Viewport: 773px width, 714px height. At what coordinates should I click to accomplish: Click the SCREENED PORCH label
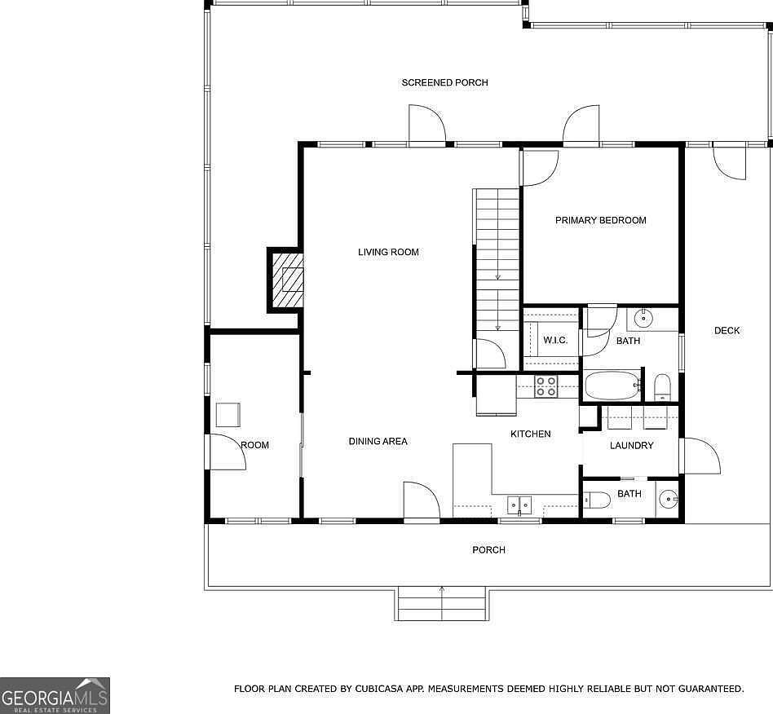444,83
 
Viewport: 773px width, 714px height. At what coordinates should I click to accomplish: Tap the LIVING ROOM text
388,253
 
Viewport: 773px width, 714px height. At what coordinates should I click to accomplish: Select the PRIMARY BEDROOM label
600,220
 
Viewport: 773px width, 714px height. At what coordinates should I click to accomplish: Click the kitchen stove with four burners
546,386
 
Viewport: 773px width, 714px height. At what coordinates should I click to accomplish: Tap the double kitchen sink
520,505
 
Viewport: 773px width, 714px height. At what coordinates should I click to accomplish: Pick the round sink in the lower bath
669,500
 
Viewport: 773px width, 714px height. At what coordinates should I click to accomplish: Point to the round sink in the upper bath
643,319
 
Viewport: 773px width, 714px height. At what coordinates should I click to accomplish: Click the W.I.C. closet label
555,341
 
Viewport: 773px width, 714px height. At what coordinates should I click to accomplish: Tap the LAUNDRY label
631,446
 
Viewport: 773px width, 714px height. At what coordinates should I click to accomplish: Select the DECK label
727,331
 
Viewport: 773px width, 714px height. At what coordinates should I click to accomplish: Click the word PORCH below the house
488,550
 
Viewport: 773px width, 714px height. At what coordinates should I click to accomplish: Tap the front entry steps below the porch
442,604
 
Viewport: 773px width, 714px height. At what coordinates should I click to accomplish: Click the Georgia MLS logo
55,695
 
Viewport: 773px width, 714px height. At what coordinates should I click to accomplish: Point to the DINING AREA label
378,442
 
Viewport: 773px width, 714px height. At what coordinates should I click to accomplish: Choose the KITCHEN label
531,434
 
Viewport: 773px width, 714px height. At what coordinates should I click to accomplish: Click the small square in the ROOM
228,415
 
